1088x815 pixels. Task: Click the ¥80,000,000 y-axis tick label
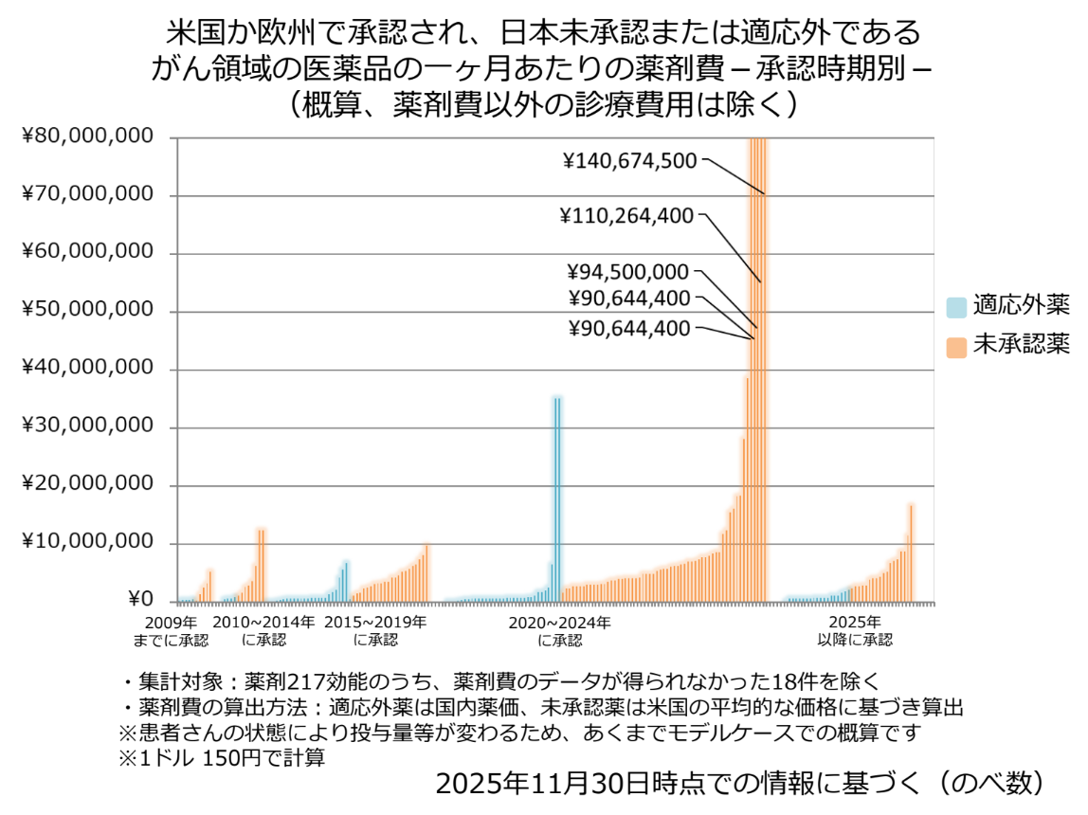point(86,136)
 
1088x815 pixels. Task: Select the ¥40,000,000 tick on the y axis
point(86,369)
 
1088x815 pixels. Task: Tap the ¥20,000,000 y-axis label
point(86,484)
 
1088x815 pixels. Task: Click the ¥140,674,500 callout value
point(629,160)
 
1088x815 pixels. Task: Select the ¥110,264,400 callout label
point(629,216)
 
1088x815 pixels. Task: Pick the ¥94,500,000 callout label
point(629,272)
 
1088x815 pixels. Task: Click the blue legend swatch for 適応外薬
point(956,306)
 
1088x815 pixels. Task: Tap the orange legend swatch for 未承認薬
point(956,346)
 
